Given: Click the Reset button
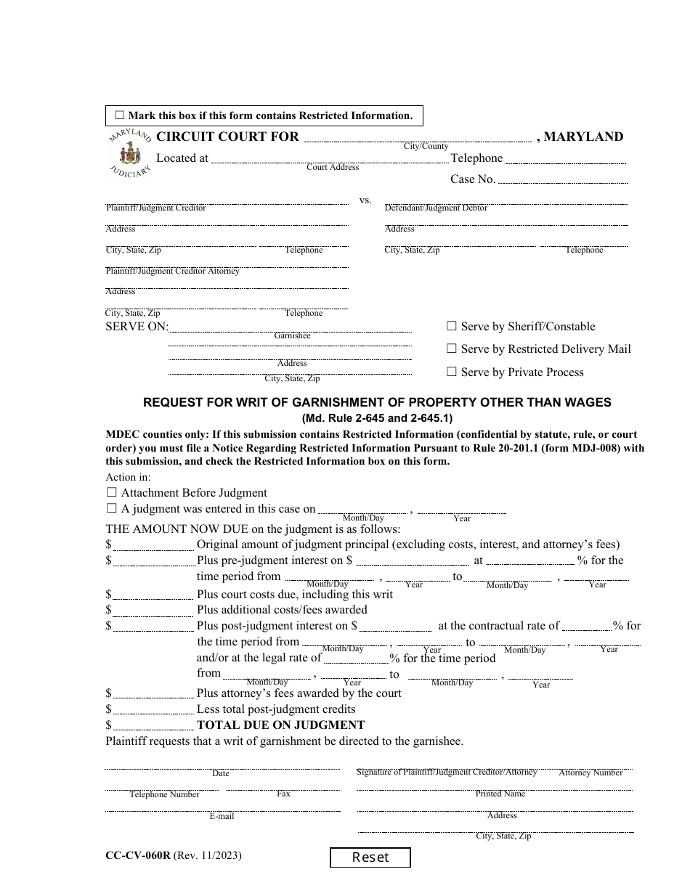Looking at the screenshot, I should pos(370,857).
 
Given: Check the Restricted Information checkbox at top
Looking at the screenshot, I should pos(120,115).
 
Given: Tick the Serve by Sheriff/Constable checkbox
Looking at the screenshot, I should pos(452,327).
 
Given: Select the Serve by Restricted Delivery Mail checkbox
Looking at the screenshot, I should pos(452,349).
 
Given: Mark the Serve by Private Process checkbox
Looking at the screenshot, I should pos(452,372).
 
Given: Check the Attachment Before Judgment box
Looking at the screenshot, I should pos(112,492).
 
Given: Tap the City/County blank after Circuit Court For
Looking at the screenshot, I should pos(417,137).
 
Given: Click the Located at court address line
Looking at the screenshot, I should pos(328,159).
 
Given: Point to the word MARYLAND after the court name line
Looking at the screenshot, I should pos(583,136).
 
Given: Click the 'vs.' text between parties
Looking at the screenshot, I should pos(365,200).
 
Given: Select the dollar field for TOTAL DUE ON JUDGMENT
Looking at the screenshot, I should pos(153,725).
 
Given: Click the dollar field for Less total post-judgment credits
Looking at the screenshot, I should pos(153,709).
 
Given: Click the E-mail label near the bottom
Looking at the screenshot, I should pos(222,816).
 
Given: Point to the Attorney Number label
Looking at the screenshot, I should pos(590,772).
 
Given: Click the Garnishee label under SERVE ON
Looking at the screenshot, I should pos(292,336).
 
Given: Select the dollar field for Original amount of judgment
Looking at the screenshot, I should pos(153,545).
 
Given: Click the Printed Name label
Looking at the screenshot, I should pos(500,794).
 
